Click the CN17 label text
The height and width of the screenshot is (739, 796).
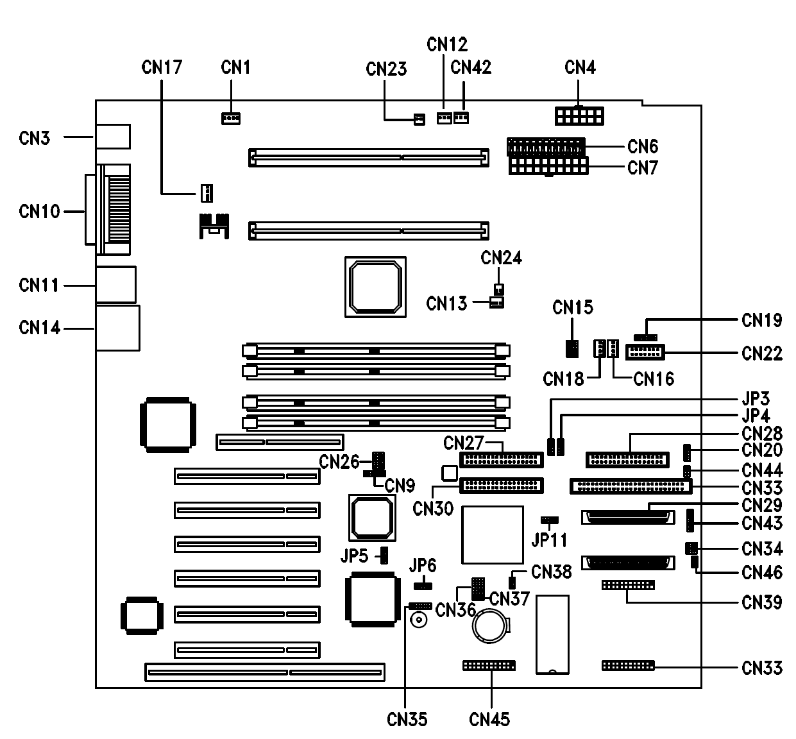162,67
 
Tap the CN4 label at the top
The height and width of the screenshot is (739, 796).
580,67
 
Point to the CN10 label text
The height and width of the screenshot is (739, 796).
39,211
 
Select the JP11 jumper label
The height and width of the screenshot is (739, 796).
549,539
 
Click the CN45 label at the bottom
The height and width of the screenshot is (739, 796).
489,719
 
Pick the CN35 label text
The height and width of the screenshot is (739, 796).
407,719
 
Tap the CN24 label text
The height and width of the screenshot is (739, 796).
501,258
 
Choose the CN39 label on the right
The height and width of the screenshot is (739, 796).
761,602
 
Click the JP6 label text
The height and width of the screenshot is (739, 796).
423,565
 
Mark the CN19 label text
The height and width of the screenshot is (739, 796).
761,320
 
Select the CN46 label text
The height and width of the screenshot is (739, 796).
761,572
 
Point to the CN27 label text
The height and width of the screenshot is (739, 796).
463,443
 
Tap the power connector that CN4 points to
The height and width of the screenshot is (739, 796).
579,116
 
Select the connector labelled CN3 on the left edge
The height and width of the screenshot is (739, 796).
113,137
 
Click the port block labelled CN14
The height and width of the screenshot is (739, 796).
117,328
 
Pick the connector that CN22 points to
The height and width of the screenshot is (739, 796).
645,352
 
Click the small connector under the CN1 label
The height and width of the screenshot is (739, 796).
230,119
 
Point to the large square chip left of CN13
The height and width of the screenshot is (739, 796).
375,286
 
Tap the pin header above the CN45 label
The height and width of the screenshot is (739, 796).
488,666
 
